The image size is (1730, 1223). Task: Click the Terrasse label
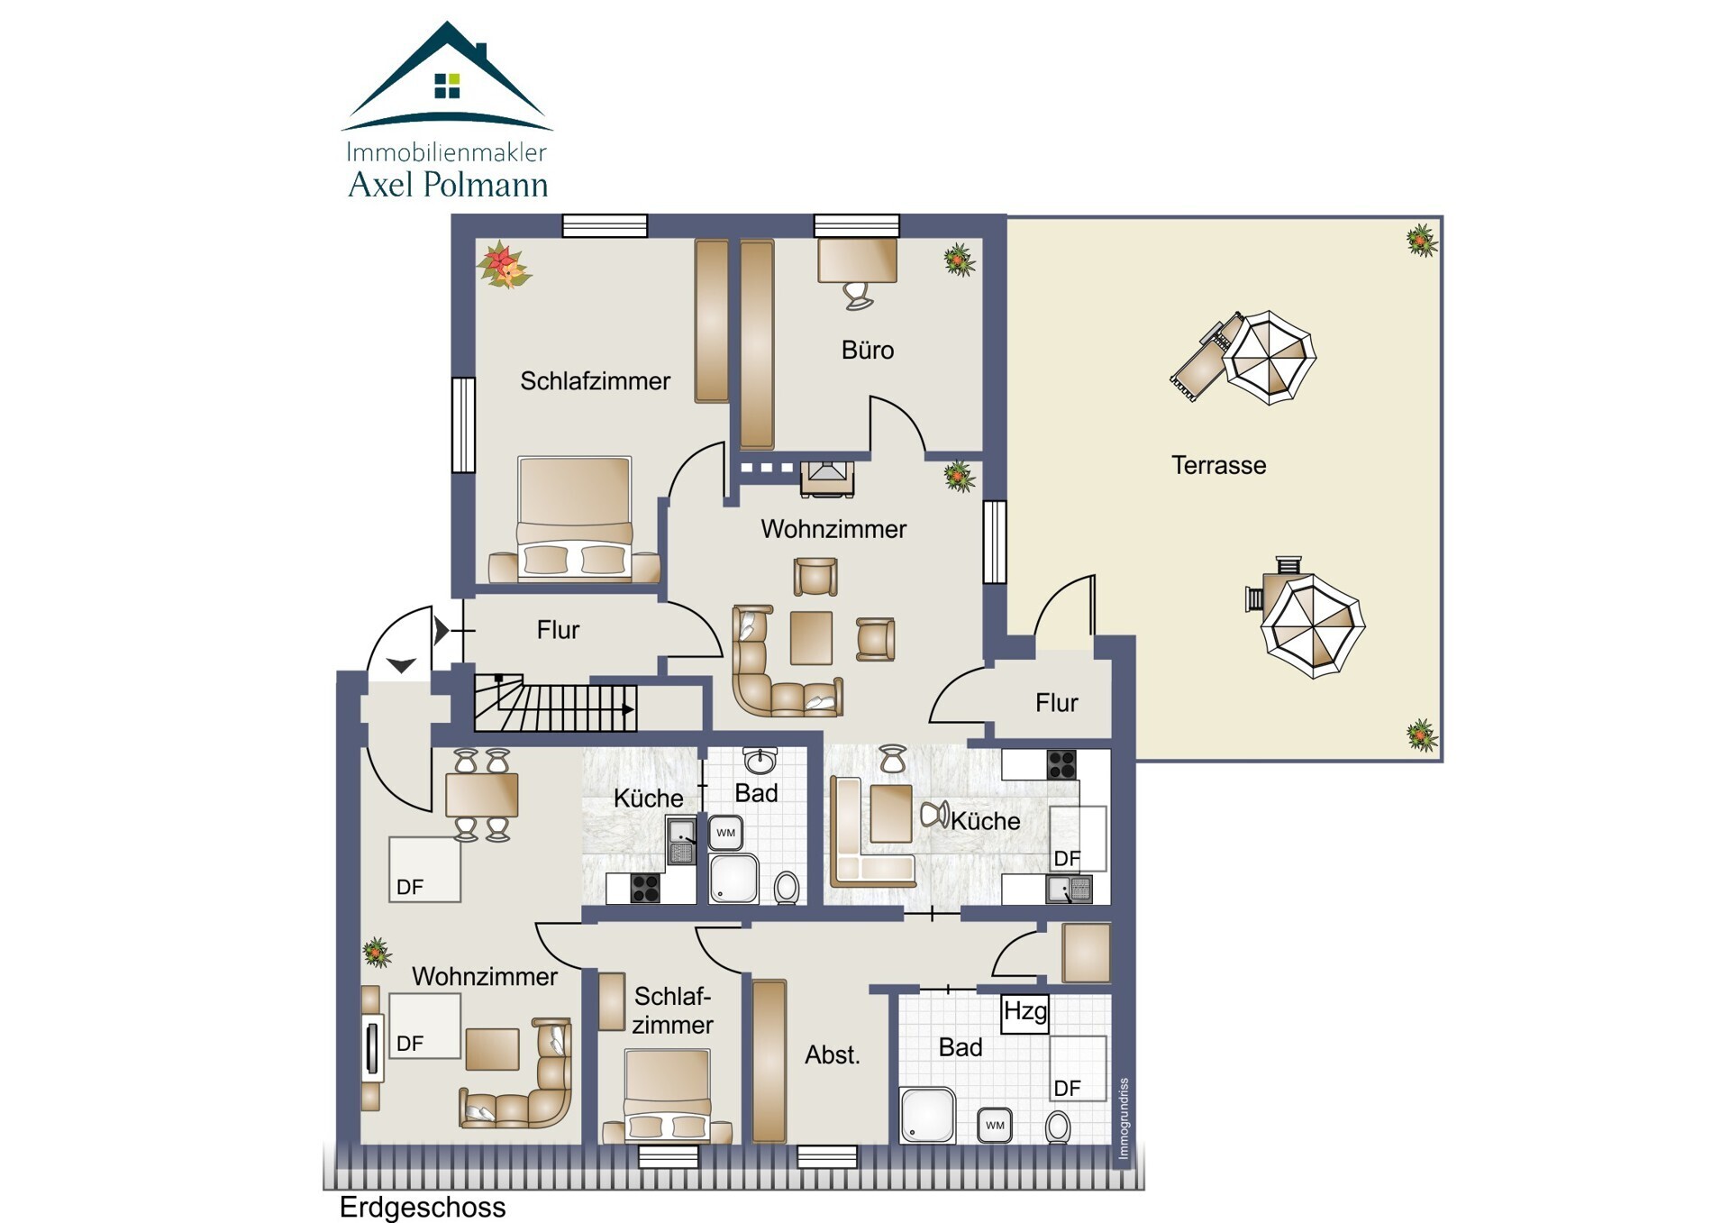[1218, 465]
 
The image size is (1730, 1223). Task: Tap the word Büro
[868, 350]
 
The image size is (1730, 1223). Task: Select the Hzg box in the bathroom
[1025, 1013]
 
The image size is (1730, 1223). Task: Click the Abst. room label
[833, 1054]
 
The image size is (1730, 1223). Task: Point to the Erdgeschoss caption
[423, 1207]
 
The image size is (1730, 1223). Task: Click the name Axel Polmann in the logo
[448, 185]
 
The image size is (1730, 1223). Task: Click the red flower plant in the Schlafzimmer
[504, 264]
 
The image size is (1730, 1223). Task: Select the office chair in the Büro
[858, 295]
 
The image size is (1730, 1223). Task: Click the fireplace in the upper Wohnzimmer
[827, 479]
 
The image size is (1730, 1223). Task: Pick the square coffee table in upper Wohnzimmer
[811, 638]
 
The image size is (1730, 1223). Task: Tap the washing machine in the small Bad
[725, 833]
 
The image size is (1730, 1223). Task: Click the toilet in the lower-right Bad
[1058, 1127]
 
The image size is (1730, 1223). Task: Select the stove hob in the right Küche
[1061, 764]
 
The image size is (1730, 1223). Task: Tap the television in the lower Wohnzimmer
[371, 1048]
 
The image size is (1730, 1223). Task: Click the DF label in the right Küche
[1067, 858]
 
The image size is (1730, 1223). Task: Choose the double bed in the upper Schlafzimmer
[574, 518]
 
